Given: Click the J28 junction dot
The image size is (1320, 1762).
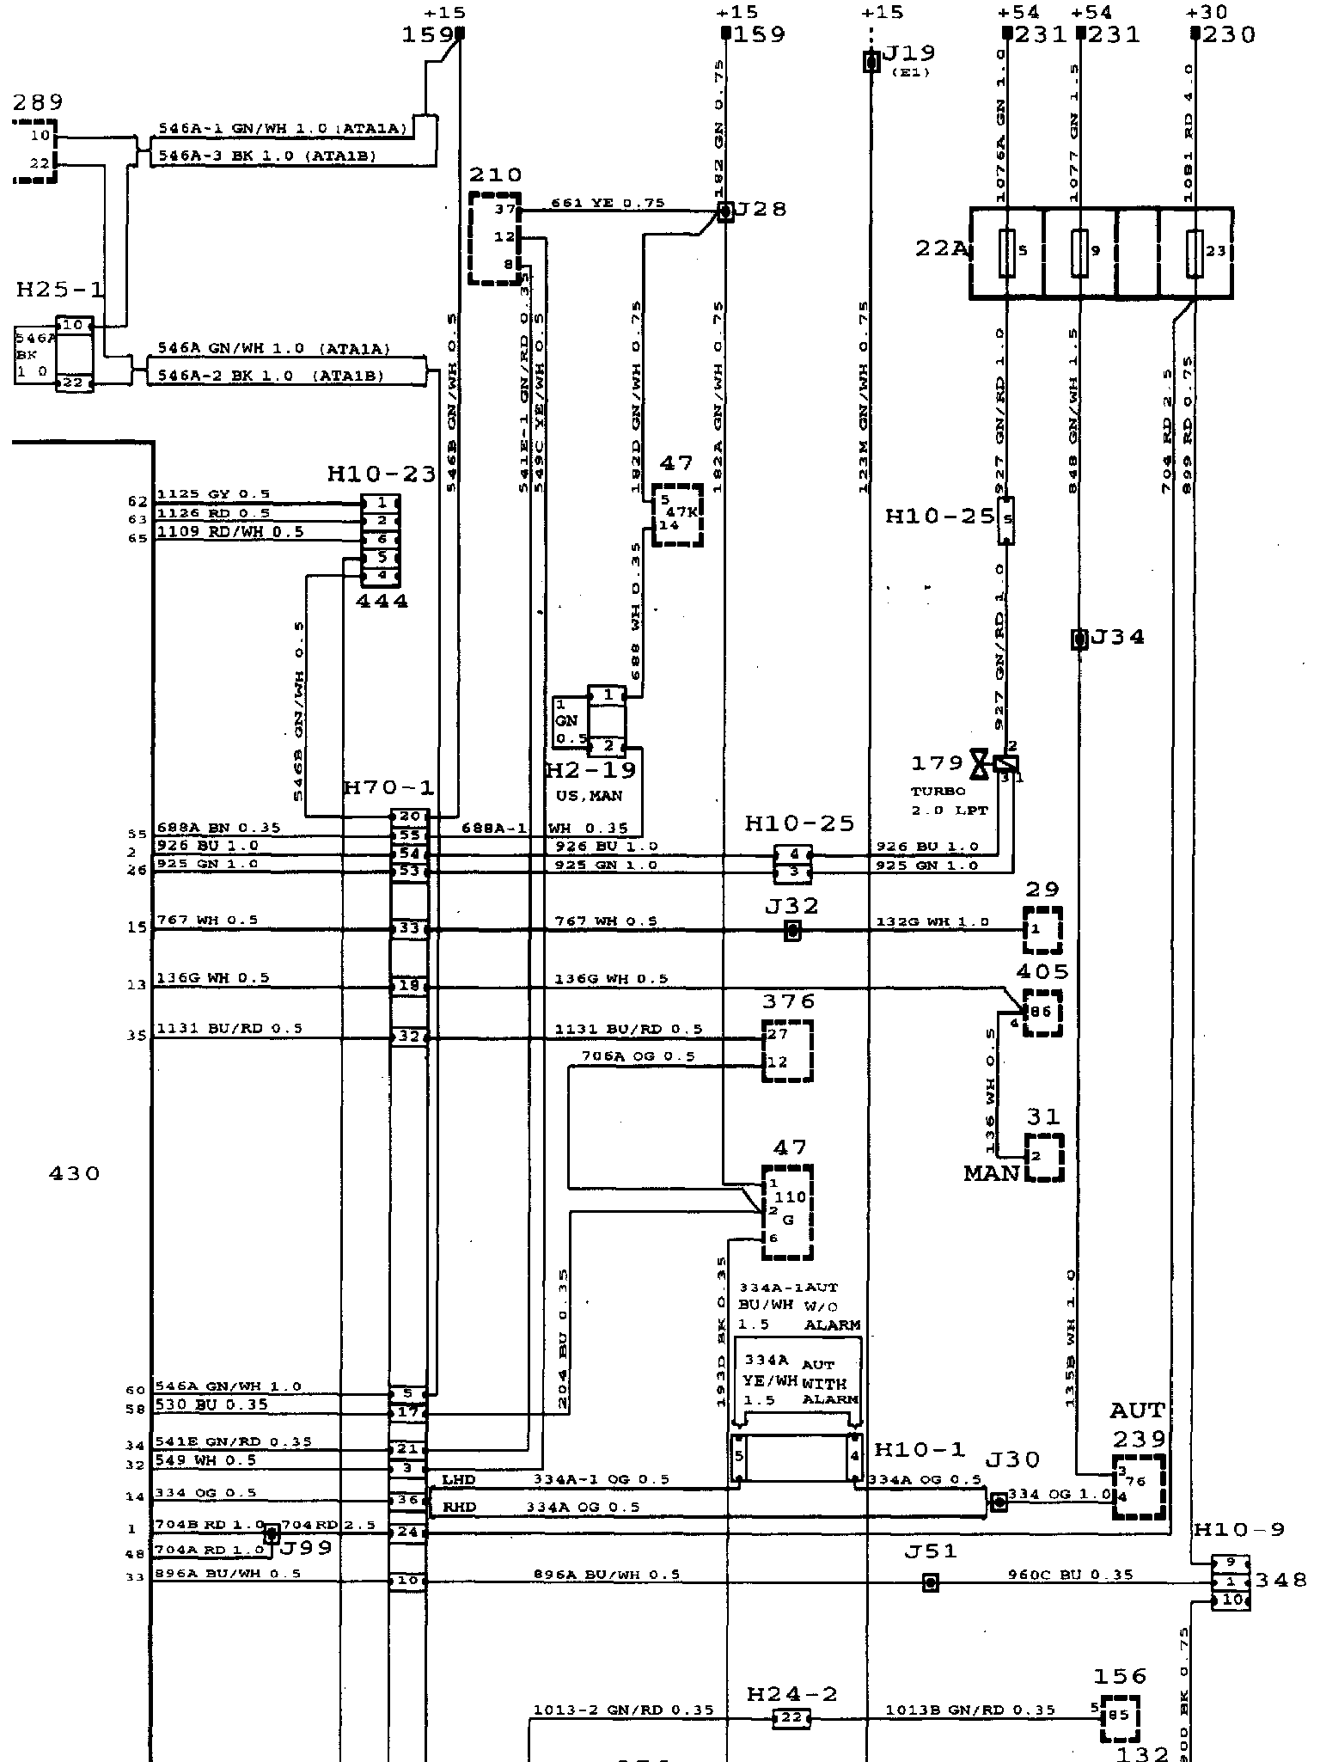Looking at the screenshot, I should point(726,211).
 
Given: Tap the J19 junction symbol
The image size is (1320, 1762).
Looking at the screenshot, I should point(871,62).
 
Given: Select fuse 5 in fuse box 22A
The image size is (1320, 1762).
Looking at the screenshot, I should point(1007,253).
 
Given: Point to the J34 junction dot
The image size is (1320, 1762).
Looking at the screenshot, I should point(1079,639).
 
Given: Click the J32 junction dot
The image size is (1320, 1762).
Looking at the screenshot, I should point(792,930).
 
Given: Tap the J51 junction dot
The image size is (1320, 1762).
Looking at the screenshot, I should point(929,1582).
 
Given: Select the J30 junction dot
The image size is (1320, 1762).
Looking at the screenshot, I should point(999,1502).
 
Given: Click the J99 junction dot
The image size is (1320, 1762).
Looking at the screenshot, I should point(272,1533).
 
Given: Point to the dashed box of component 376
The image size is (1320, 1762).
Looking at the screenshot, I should point(787,1050).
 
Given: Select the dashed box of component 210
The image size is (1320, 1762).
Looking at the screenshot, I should point(495,238).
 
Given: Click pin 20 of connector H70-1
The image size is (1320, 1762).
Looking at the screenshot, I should point(408,816).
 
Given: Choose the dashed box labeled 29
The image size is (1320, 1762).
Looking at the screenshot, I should point(1042,930).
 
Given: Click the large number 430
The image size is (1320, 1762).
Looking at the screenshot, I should point(76,1173).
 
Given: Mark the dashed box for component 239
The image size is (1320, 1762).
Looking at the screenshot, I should point(1140,1488).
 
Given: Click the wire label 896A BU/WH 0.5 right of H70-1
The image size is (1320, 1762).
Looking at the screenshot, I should point(607,1575).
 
